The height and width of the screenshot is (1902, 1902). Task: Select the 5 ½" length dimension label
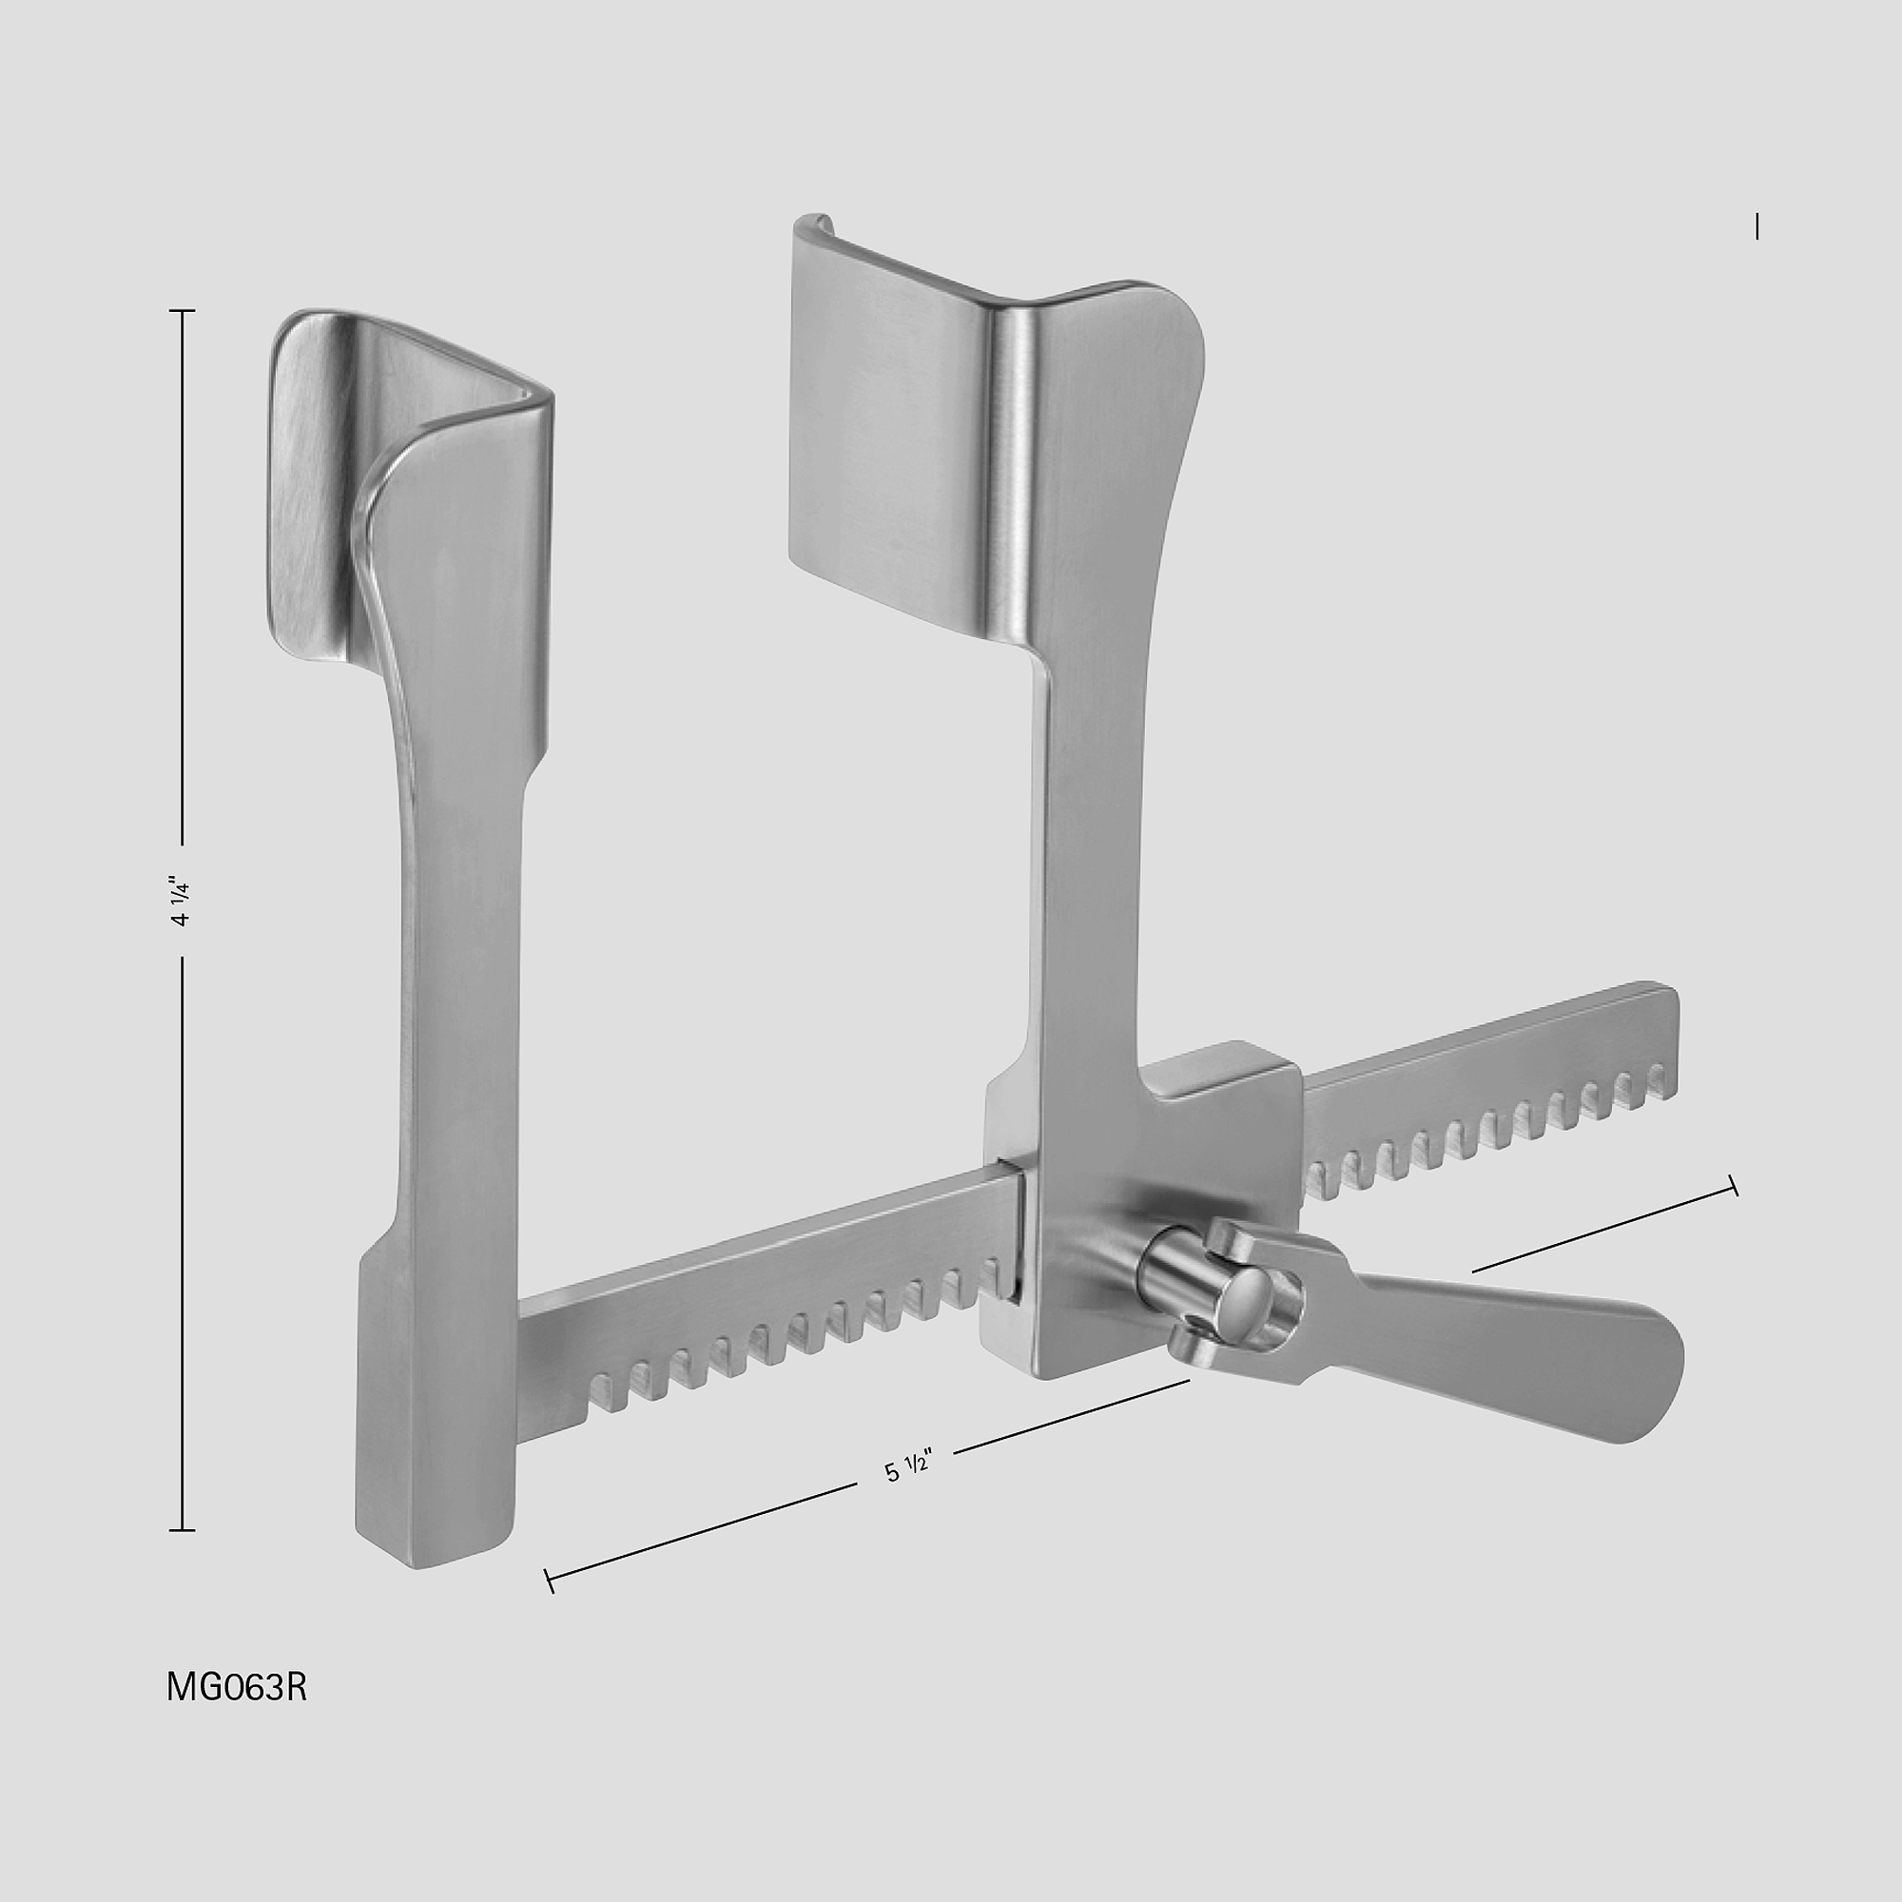tap(906, 1467)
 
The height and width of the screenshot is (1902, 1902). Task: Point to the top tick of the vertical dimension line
tap(183, 311)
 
